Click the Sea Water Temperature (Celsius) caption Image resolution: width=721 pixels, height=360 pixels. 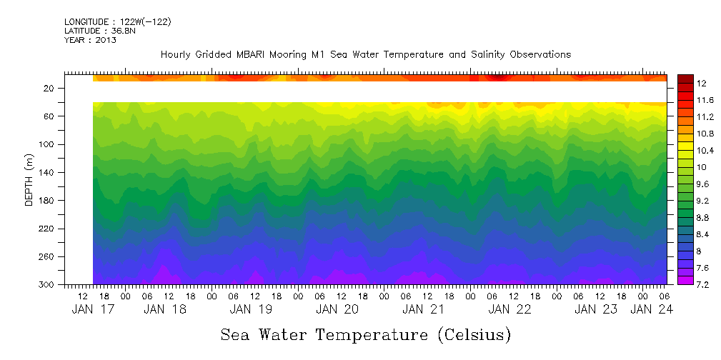[366, 334]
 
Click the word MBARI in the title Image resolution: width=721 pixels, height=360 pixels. [268, 54]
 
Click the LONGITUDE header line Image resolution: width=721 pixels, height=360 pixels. [117, 22]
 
